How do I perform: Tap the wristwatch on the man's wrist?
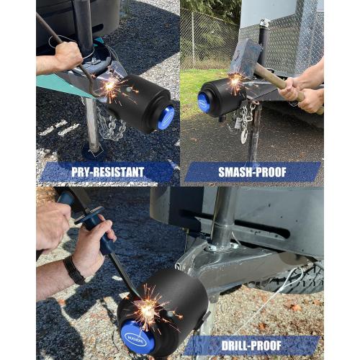[73, 269]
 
